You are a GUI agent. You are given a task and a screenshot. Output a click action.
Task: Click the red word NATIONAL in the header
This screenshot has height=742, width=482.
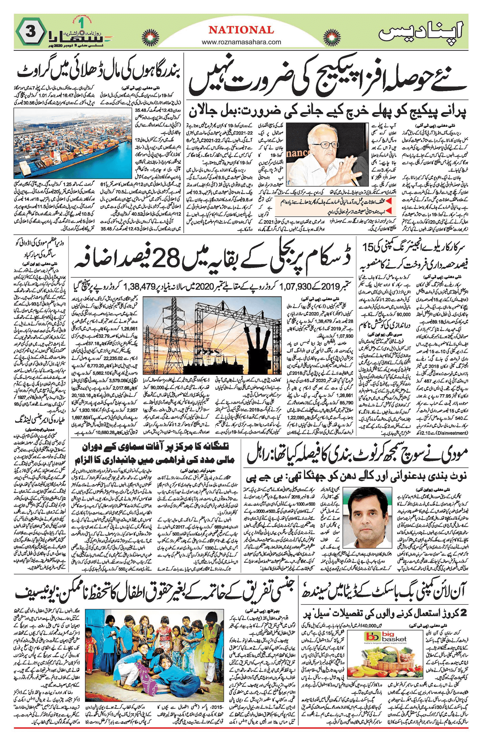pos(241,30)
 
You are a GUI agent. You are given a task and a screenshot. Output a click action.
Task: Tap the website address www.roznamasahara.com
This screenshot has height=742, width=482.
pos(241,42)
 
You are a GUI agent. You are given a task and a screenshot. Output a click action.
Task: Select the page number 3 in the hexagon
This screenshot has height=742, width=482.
pos(31,33)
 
